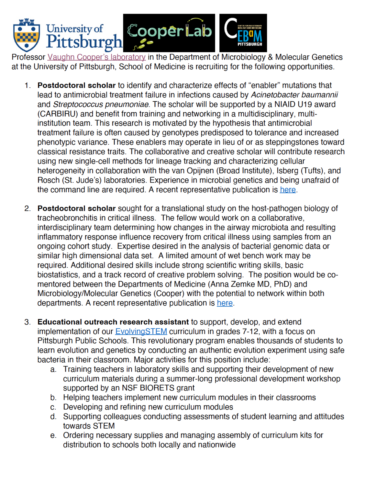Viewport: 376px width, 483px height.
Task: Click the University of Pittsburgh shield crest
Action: click(x=27, y=35)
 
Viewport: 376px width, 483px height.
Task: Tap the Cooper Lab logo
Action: click(x=169, y=33)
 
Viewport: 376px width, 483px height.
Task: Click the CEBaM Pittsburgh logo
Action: click(x=243, y=33)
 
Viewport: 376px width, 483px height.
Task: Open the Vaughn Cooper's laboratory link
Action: click(x=97, y=57)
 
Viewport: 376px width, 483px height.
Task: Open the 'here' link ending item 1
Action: click(x=288, y=190)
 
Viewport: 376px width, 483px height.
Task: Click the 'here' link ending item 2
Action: click(x=225, y=303)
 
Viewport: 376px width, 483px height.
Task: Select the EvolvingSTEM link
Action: click(x=141, y=331)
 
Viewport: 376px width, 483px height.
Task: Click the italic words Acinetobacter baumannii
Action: click(x=294, y=95)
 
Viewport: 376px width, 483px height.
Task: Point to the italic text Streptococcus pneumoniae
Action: click(x=101, y=104)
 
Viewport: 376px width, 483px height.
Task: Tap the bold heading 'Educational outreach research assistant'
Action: click(x=113, y=322)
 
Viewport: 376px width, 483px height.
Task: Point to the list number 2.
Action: click(x=28, y=209)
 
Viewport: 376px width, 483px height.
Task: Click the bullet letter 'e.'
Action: click(x=53, y=435)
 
